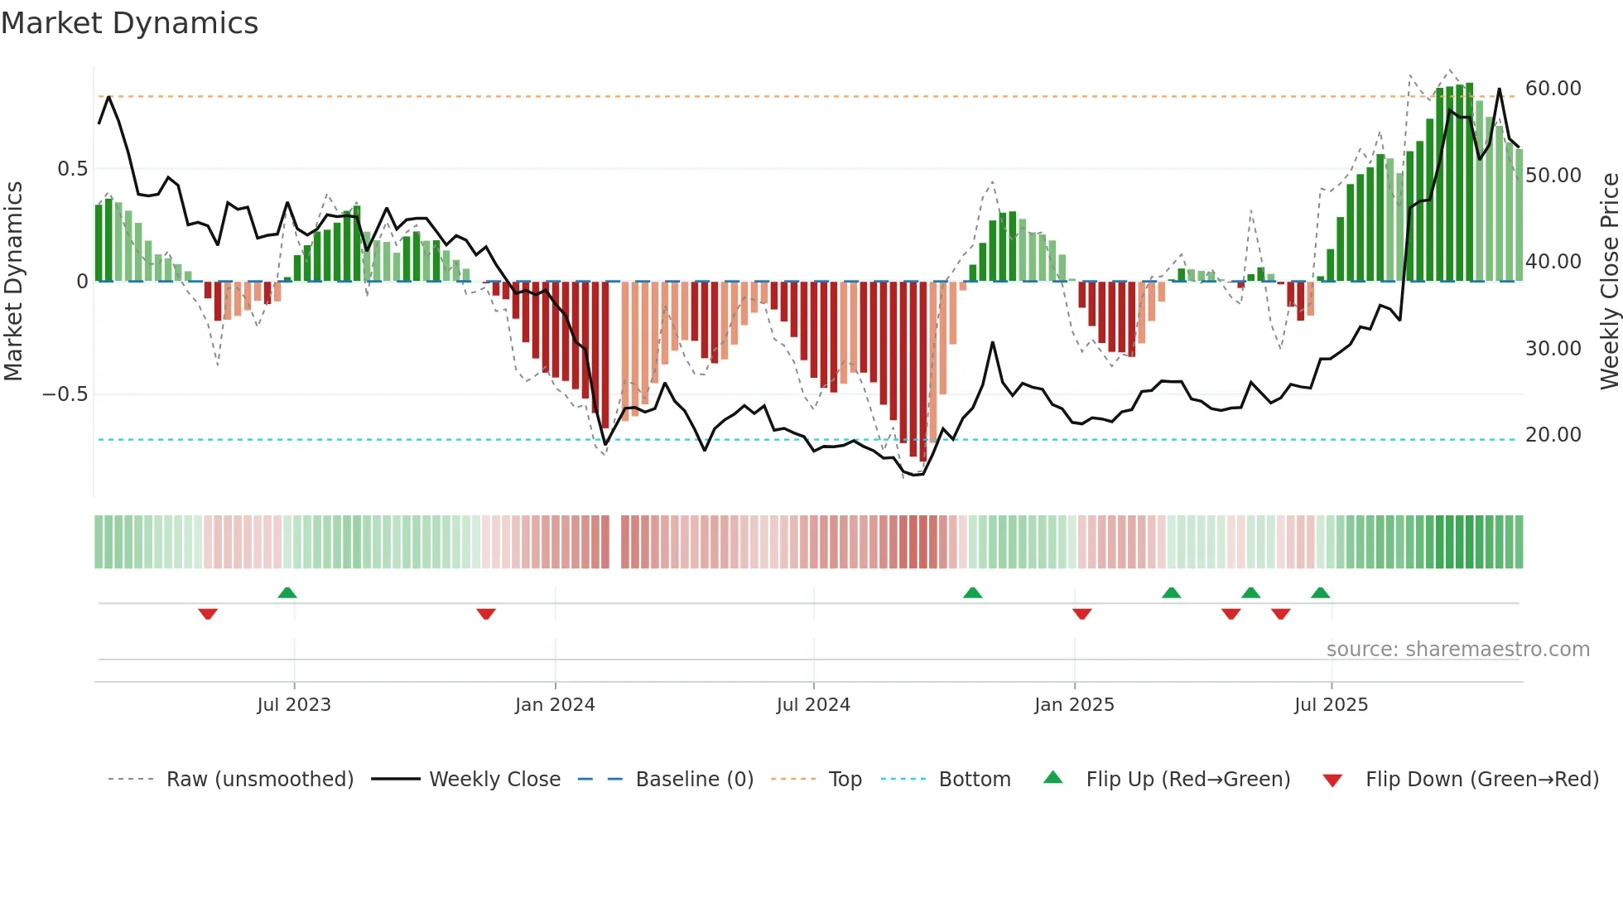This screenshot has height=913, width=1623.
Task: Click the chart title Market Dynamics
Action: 129,23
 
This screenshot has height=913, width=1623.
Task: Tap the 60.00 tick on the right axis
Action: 1553,89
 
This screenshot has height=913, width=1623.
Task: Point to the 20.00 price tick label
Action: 1553,435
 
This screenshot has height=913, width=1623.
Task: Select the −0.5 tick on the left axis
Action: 65,394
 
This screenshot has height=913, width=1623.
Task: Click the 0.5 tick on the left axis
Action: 72,169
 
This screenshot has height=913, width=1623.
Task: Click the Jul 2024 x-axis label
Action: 813,705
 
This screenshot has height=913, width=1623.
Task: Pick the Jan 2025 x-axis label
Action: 1074,705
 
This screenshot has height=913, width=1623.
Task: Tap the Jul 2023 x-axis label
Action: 294,705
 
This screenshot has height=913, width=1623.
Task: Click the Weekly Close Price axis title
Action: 1609,282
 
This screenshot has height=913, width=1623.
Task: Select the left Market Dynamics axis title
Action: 13,282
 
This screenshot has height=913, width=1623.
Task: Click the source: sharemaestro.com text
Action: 1457,650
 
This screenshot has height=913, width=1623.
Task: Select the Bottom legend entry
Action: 974,780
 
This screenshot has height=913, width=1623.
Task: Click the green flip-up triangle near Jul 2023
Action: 287,593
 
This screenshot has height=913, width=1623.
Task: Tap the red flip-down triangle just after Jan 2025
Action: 1081,614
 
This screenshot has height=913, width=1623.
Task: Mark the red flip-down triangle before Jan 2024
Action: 486,614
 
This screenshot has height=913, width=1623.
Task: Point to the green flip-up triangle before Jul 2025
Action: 1320,593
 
